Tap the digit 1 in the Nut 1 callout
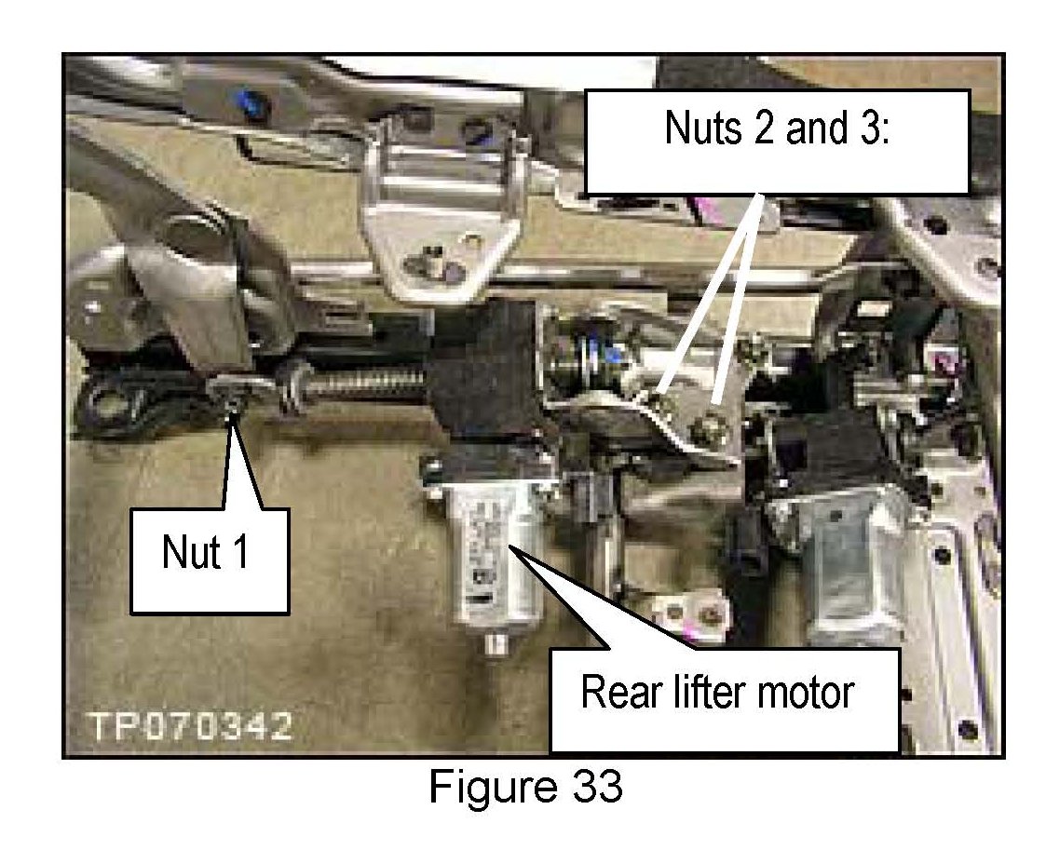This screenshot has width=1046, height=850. tap(240, 552)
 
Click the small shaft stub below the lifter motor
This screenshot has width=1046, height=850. tap(495, 643)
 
